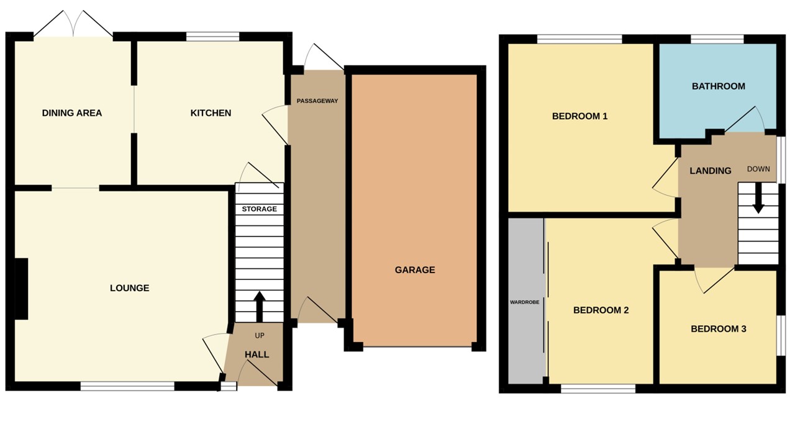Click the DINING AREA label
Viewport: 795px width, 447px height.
[x=72, y=113]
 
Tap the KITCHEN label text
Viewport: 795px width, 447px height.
[x=211, y=113]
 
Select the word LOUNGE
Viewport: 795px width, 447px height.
[x=130, y=288]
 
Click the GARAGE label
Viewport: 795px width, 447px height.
[x=415, y=270]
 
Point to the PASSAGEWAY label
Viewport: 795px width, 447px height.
[x=317, y=101]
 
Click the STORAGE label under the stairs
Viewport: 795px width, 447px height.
[x=260, y=209]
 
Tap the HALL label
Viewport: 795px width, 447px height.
[x=257, y=354]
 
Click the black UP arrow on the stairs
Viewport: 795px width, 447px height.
[x=260, y=305]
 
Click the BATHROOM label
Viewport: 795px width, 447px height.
[x=719, y=86]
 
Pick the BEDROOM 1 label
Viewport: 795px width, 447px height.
[x=579, y=116]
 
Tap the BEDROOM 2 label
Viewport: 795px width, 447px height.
[x=601, y=310]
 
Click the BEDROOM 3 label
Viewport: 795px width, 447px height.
[x=719, y=329]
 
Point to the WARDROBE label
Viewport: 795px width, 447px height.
[x=525, y=302]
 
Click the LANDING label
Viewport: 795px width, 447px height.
[x=711, y=171]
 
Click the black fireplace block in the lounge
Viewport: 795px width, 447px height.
[x=21, y=289]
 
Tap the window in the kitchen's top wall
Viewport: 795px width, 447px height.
[x=212, y=37]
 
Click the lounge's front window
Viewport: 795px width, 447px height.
[x=127, y=386]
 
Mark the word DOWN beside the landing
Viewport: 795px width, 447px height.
[x=758, y=169]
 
